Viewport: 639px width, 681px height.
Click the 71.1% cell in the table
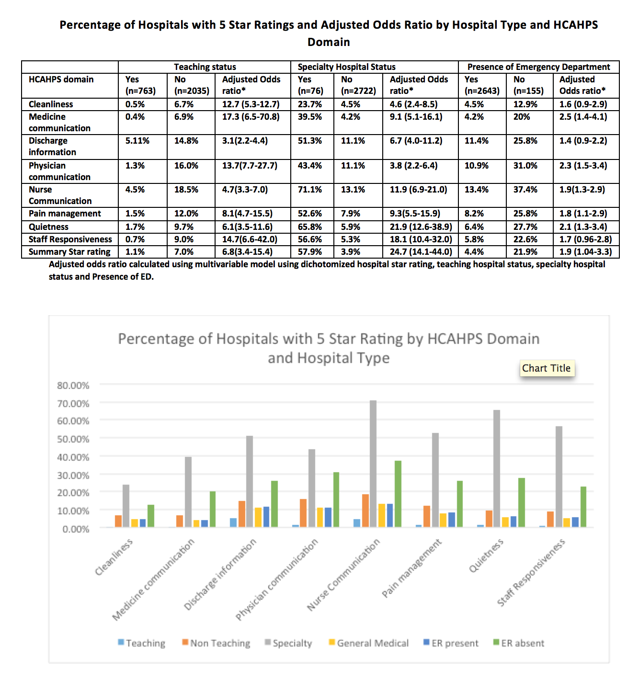pos(310,190)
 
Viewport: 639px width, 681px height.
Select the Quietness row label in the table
pos(48,227)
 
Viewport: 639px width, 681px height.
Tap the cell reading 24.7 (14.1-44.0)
pos(421,252)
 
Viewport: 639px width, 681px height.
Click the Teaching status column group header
pos(205,67)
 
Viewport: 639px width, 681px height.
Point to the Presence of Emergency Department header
pos(538,67)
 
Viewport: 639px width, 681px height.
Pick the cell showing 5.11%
pos(137,141)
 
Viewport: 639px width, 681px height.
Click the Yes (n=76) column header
pos(310,85)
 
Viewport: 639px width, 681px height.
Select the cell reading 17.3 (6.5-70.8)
pos(251,116)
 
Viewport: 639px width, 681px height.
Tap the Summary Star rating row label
pos(69,252)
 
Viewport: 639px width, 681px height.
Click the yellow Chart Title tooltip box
pos(547,368)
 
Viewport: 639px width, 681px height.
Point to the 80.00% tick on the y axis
pos(73,386)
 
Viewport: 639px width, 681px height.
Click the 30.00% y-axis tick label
pos(73,475)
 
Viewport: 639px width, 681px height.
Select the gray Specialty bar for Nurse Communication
pos(373,464)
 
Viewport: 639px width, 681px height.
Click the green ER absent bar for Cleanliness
pos(151,516)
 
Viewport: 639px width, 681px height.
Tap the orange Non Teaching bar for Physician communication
pos(303,513)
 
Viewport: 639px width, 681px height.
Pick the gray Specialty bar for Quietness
pos(496,468)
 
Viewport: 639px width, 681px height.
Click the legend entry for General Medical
pos(369,643)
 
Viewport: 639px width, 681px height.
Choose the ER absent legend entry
pos(519,643)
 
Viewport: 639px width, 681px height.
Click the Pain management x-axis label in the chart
pos(411,568)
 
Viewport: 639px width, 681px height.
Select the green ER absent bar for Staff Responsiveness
pos(583,507)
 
